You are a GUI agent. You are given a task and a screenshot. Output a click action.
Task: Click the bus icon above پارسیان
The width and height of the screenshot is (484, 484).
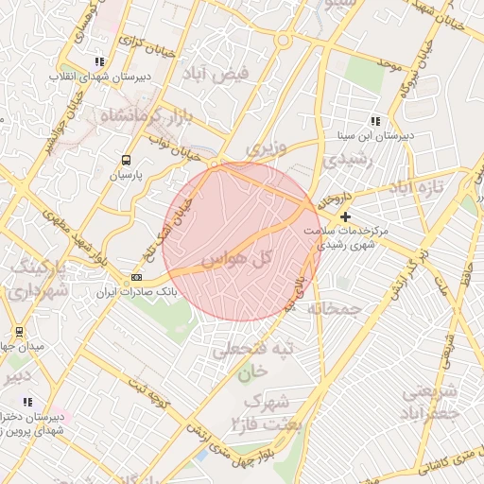pos(127,161)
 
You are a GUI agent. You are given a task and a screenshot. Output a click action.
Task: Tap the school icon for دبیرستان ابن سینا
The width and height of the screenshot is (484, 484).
pos(375,121)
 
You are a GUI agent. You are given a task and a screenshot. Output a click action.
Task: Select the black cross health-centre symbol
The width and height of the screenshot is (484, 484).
pos(345,217)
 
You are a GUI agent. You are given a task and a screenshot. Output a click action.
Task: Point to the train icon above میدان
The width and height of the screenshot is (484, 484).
pos(19,332)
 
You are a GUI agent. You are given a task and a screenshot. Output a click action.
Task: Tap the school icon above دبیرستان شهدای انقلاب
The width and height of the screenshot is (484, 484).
pos(99,62)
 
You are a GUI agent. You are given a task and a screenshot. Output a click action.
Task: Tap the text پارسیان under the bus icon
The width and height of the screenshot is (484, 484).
pos(125,175)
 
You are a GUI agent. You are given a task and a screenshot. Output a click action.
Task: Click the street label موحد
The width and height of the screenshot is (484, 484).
pos(388,63)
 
